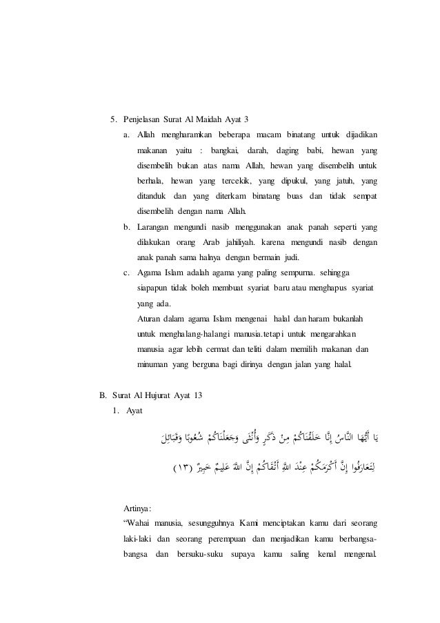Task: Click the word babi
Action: click(314, 150)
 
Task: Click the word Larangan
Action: click(154, 226)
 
